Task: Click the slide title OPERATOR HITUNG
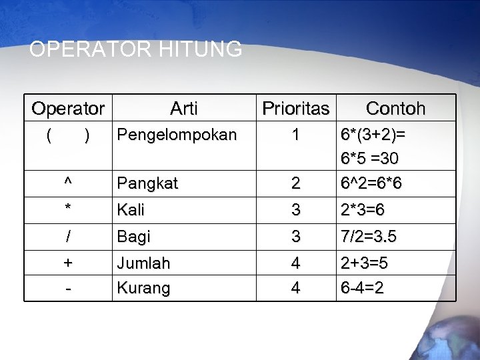136,49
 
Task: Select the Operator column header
68,108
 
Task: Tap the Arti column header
183,108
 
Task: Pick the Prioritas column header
295,108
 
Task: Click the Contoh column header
396,108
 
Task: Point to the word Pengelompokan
176,135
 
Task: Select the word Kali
130,211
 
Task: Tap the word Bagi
133,237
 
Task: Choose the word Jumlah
143,263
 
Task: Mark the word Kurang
143,289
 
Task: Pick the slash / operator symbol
68,237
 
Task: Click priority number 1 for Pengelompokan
295,135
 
